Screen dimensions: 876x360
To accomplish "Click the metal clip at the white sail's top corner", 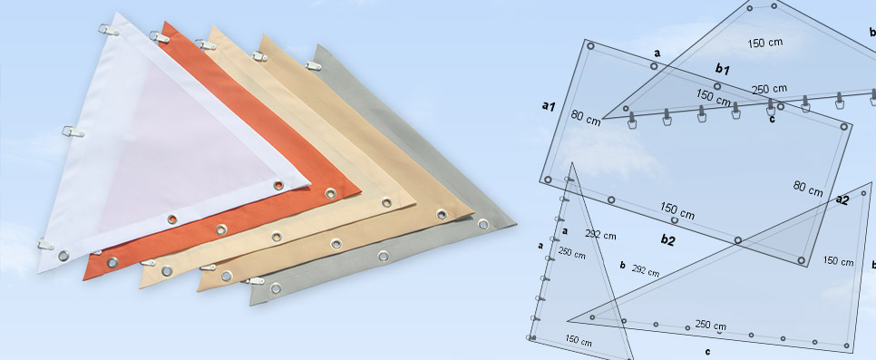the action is coord(109,30).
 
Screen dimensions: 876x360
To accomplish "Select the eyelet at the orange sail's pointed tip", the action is coord(331,193).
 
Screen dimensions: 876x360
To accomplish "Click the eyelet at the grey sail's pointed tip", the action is coord(483,224).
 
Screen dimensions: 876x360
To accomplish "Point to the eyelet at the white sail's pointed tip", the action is coord(278,185).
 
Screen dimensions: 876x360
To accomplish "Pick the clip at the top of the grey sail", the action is coord(314,66).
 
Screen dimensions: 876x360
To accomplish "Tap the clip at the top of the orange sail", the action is coord(160,37).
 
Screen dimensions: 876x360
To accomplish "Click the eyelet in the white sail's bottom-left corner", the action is coord(63,256).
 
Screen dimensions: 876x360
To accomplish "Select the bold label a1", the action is coord(549,105).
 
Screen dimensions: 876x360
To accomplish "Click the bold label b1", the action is coord(723,69).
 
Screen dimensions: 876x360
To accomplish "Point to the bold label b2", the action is coord(667,240).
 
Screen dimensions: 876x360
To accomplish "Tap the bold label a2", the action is coord(842,199).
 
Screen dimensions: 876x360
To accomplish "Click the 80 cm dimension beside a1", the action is coord(586,117).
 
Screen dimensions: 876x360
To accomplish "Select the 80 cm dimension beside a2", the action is coord(808,189).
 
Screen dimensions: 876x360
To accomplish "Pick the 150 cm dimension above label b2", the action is coord(677,210).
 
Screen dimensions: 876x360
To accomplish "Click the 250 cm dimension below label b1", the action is coord(769,89).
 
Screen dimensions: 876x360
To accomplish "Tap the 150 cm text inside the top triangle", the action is coord(764,43).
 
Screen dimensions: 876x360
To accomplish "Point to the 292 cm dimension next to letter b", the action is coord(646,271).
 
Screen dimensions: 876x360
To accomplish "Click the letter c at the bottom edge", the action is coord(708,352).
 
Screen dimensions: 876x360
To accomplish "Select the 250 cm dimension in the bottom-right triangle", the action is coord(711,325).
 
